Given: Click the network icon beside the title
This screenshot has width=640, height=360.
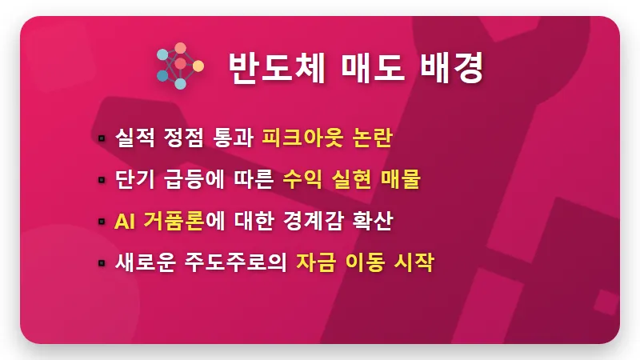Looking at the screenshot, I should click(180, 66).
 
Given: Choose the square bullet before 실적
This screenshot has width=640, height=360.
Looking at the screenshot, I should click(102, 139).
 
